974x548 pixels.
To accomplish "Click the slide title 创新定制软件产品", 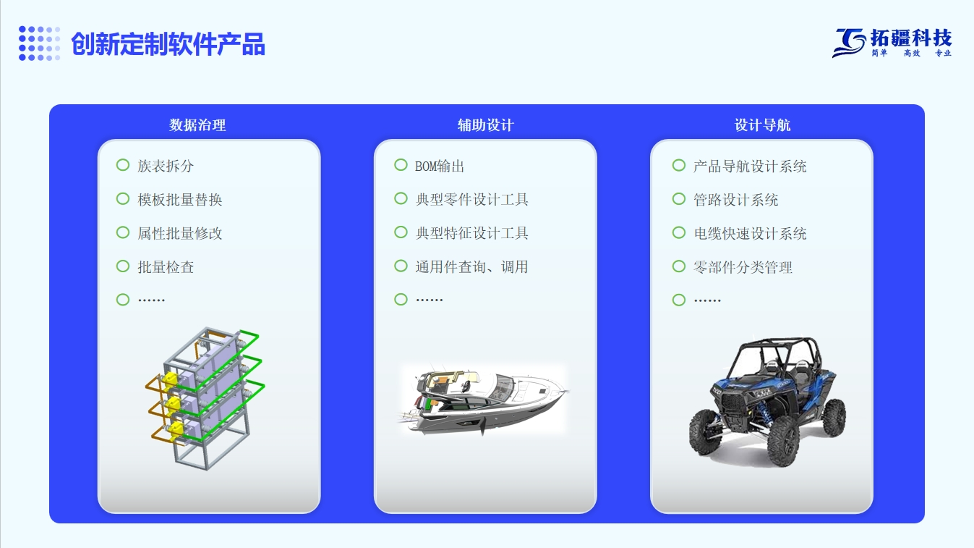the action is coord(168,44).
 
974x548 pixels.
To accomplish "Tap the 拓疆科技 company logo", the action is coord(892,43).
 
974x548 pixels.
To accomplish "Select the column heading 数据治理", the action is coord(197,125).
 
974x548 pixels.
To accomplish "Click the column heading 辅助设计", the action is coord(486,125).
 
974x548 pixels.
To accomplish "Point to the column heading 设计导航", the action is coord(762,125).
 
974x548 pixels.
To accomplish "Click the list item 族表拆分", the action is coord(166,166).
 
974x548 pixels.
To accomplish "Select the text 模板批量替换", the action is coord(179,200).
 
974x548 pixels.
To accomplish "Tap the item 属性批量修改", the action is coord(179,234).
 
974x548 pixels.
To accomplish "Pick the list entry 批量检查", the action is coord(166,267).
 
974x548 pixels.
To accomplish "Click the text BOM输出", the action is coord(440,166).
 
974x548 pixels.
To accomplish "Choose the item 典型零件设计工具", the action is coord(471,200).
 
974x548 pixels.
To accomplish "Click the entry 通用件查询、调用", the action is coord(471,267).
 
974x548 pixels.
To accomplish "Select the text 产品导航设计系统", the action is coord(750,166).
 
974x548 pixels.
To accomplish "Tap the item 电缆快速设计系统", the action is coord(750,234).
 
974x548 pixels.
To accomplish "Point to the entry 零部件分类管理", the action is coord(743,267).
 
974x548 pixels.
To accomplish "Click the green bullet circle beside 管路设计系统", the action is coord(679,199).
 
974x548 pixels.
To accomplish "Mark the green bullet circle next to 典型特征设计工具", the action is coord(401,232).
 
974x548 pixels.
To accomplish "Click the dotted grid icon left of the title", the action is coord(39,43).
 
